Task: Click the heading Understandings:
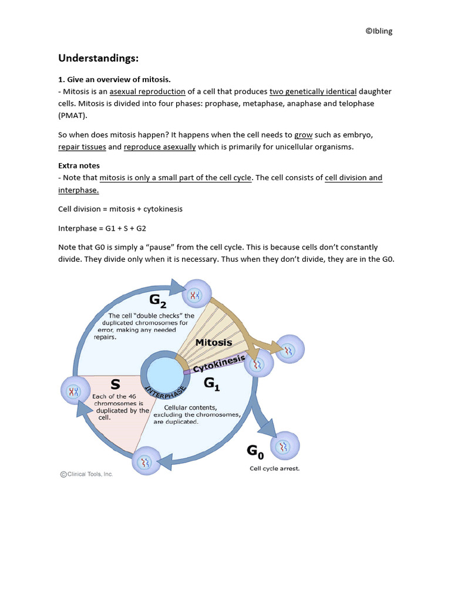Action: click(x=97, y=58)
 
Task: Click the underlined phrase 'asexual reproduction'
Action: click(x=147, y=92)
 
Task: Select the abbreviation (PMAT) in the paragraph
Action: click(x=72, y=115)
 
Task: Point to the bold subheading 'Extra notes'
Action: click(x=79, y=166)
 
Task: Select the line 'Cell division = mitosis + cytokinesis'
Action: click(x=120, y=209)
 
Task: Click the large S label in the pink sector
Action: click(x=115, y=384)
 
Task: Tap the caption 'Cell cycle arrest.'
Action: click(x=274, y=469)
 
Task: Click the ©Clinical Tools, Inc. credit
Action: click(x=86, y=474)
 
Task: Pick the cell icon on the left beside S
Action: click(x=75, y=391)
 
